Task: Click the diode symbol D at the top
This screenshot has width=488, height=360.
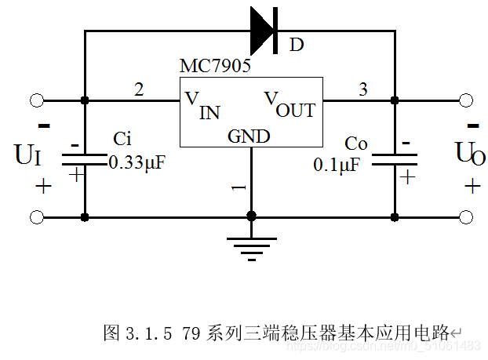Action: [x=264, y=31]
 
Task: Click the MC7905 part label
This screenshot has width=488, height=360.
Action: [x=215, y=67]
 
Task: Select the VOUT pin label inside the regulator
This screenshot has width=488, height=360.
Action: [x=290, y=104]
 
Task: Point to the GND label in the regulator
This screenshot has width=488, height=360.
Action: [x=249, y=136]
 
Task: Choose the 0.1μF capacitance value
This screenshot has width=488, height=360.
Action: [x=337, y=165]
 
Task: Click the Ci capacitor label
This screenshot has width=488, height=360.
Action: [x=122, y=140]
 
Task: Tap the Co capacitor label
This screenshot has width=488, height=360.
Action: [x=356, y=144]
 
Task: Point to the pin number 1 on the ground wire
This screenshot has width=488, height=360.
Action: [x=240, y=188]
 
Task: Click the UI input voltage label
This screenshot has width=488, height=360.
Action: [x=28, y=155]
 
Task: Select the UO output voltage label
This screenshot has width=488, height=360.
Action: [x=471, y=155]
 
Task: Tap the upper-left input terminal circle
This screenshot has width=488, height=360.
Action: [x=36, y=100]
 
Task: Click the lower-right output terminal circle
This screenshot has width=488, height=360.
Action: [x=466, y=216]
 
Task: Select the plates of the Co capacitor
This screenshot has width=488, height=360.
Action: [x=394, y=160]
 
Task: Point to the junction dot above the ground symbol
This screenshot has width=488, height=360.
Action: [x=251, y=216]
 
